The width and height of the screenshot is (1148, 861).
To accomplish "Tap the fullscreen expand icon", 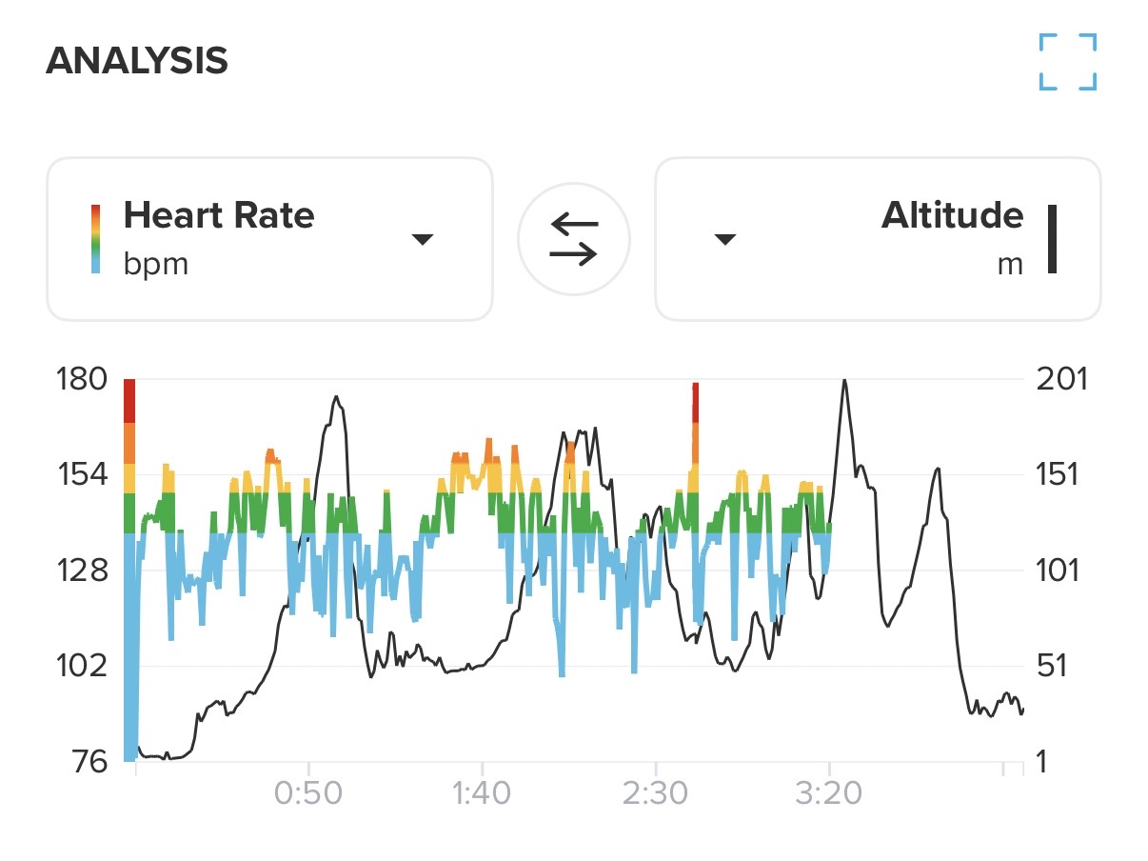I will tap(1067, 62).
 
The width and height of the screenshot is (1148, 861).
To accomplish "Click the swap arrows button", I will tap(574, 238).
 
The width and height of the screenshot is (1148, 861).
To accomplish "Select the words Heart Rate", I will tap(219, 216).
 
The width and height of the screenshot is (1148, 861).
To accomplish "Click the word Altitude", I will tap(952, 216).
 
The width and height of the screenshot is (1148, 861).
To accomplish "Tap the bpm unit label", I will tap(155, 263).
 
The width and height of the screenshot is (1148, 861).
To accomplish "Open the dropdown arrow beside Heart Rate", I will tap(423, 239).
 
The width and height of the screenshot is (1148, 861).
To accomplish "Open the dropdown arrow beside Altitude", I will tap(725, 239).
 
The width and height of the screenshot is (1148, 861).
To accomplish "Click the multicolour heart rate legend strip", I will tap(95, 238).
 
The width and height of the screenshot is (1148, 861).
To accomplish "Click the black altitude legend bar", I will tap(1053, 238).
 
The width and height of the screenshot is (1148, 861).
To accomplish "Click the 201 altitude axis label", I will tap(1059, 379).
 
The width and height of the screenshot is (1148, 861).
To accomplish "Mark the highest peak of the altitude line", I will tap(843, 380).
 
